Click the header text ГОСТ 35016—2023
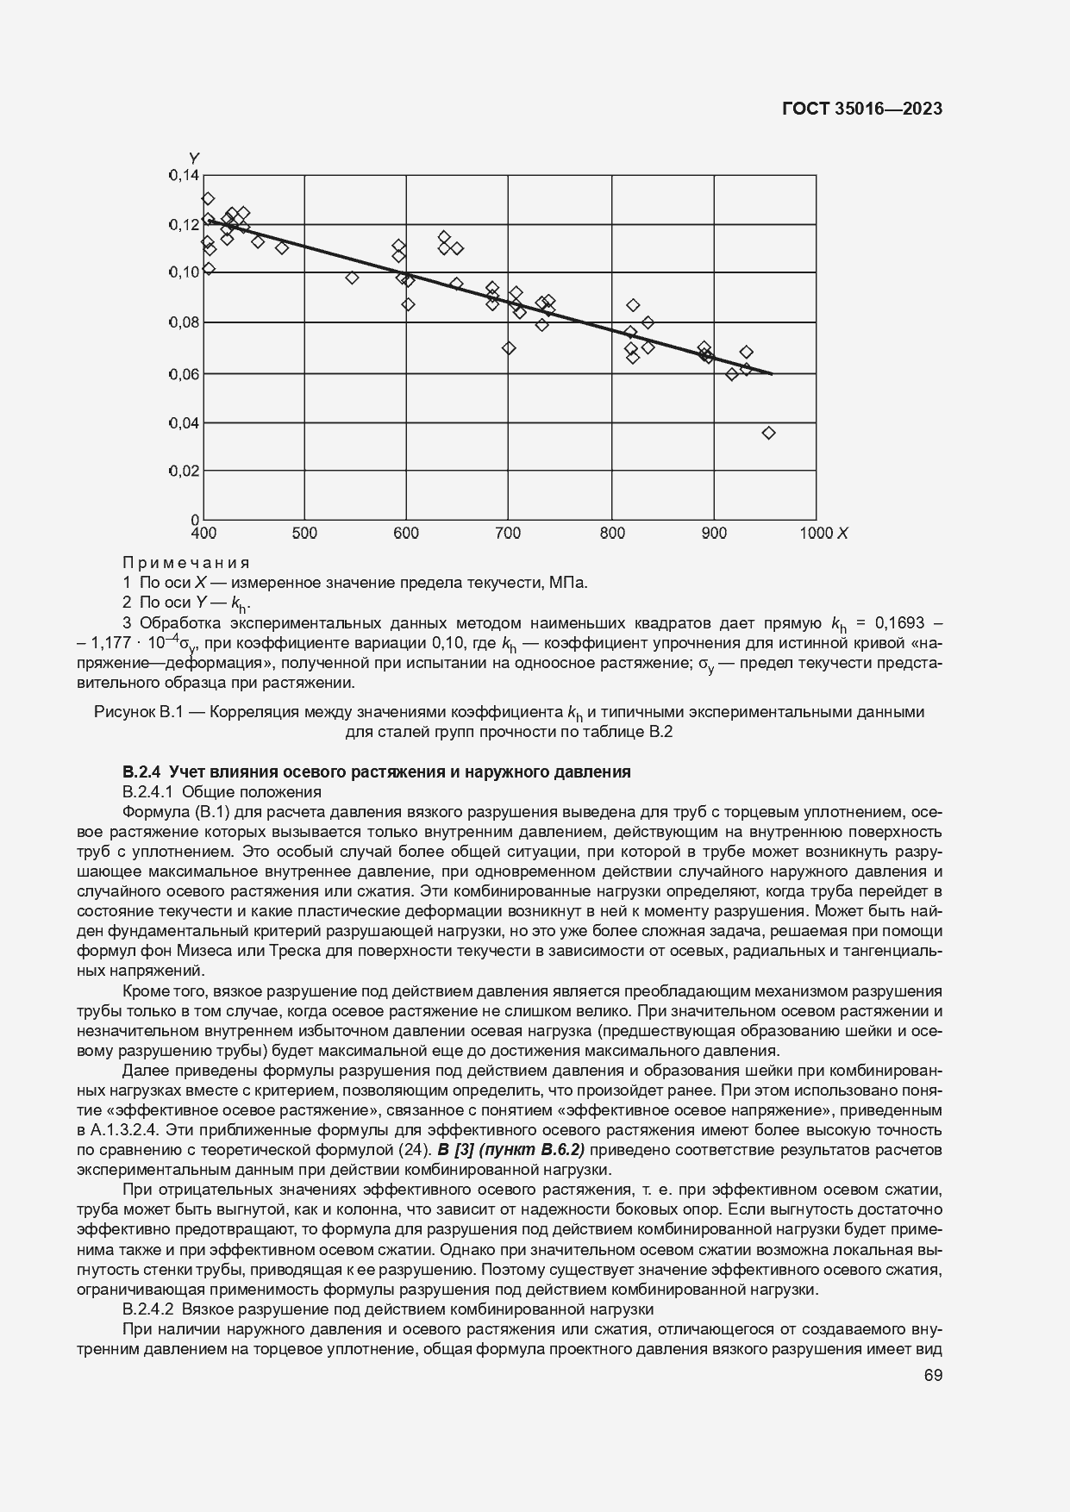click(x=860, y=109)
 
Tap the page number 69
click(x=932, y=1375)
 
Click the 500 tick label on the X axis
click(x=304, y=534)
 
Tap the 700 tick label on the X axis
click(x=508, y=534)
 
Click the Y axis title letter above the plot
click(x=194, y=158)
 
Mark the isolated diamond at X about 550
click(x=352, y=278)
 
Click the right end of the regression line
click(x=772, y=374)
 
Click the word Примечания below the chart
click(x=186, y=563)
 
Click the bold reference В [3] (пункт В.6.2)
click(x=511, y=1149)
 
